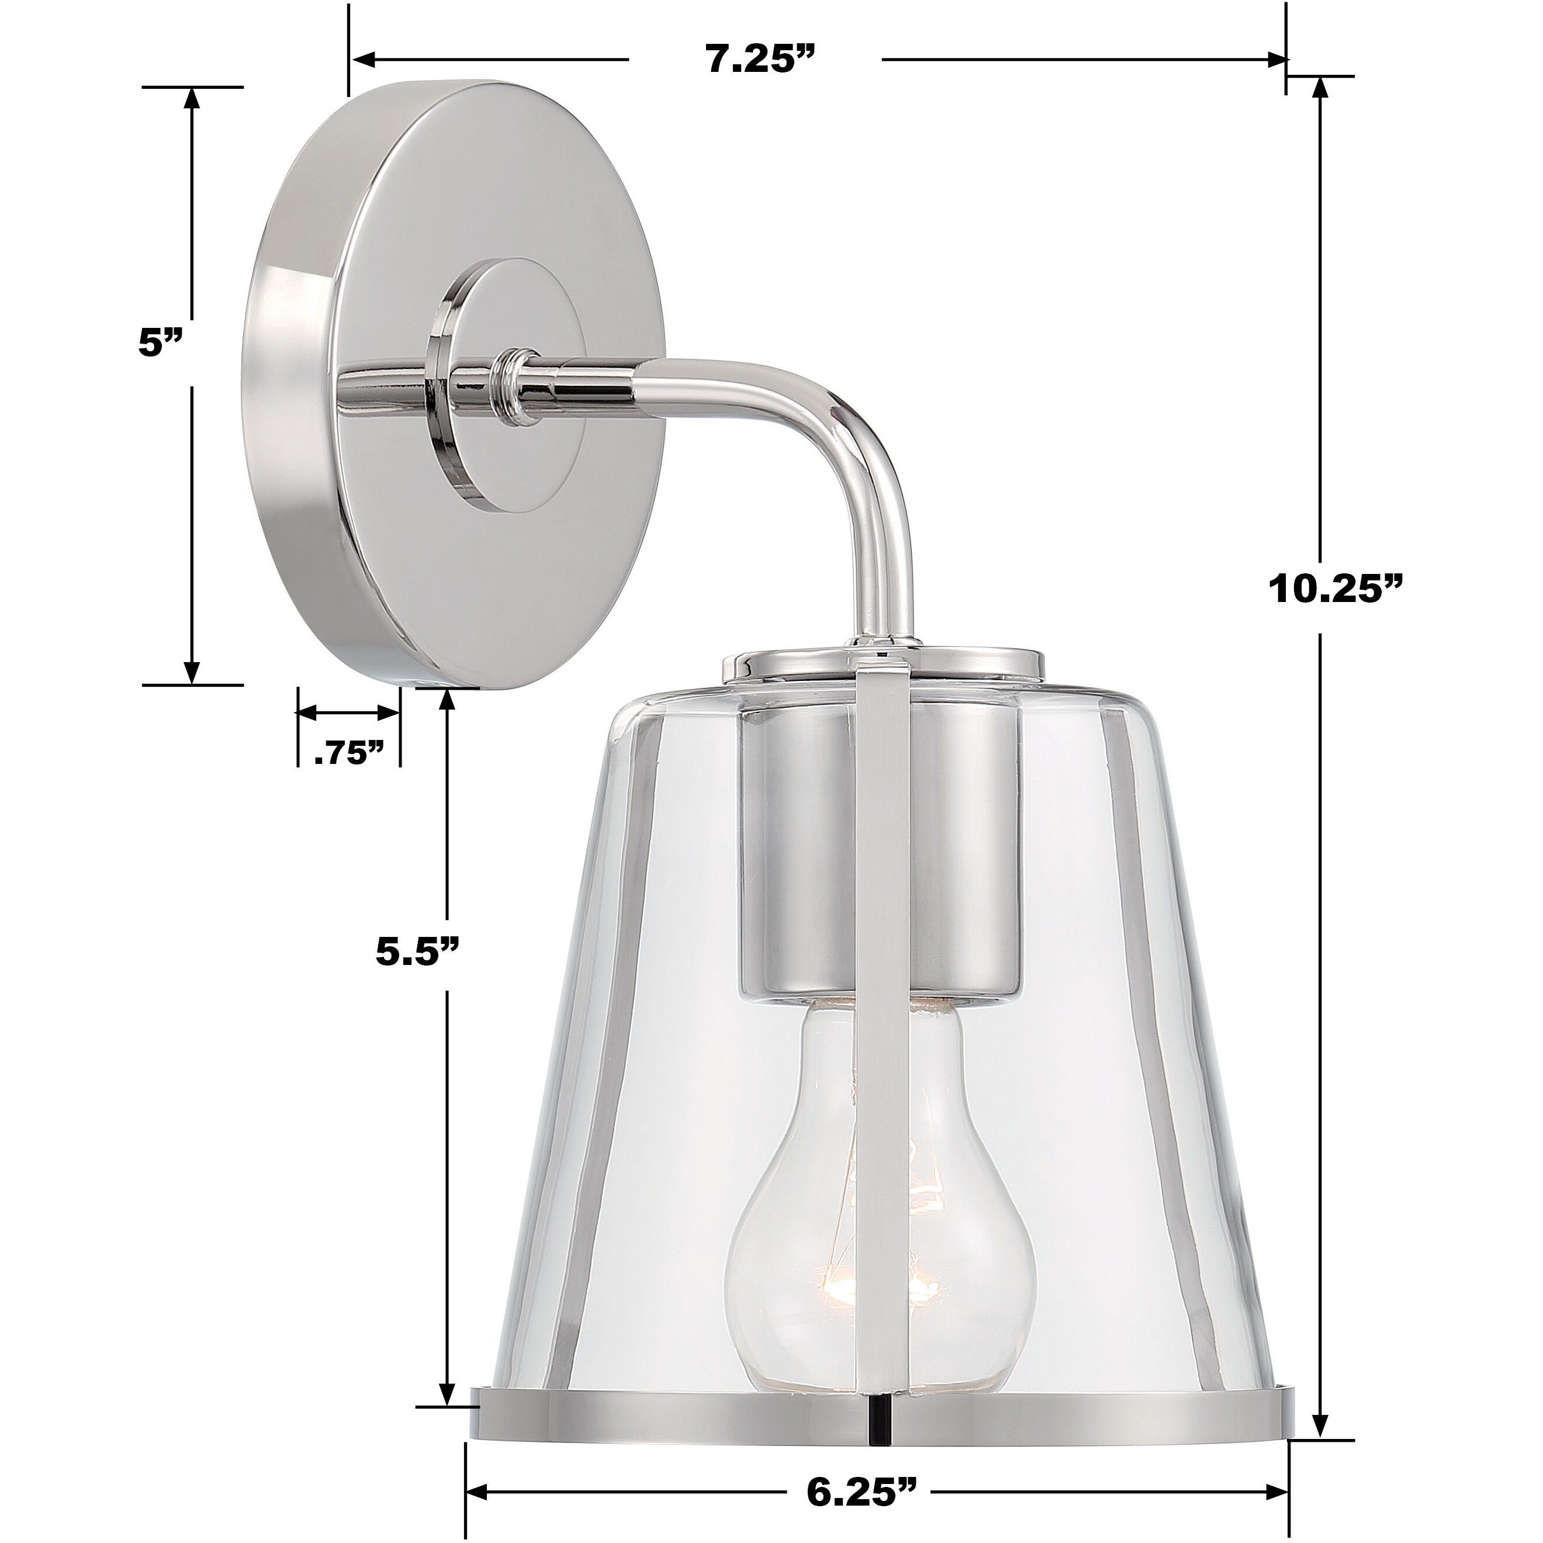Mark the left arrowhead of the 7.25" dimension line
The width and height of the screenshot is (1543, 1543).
(x=364, y=60)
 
